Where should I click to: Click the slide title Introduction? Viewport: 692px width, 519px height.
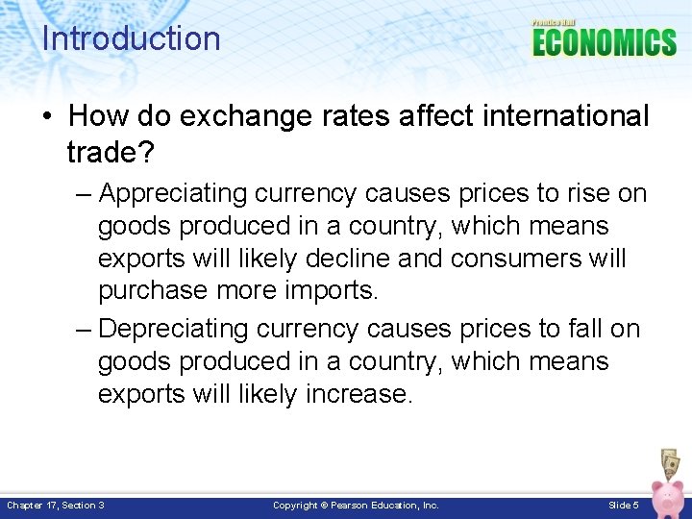[131, 38]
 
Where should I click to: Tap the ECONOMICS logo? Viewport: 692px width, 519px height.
[604, 42]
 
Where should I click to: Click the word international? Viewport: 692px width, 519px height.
[565, 116]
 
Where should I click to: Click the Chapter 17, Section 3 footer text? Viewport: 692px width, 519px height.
[56, 505]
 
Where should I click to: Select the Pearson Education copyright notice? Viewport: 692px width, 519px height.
[356, 505]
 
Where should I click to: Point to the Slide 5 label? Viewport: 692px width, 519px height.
[623, 505]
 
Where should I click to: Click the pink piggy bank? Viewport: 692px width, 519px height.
[667, 498]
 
